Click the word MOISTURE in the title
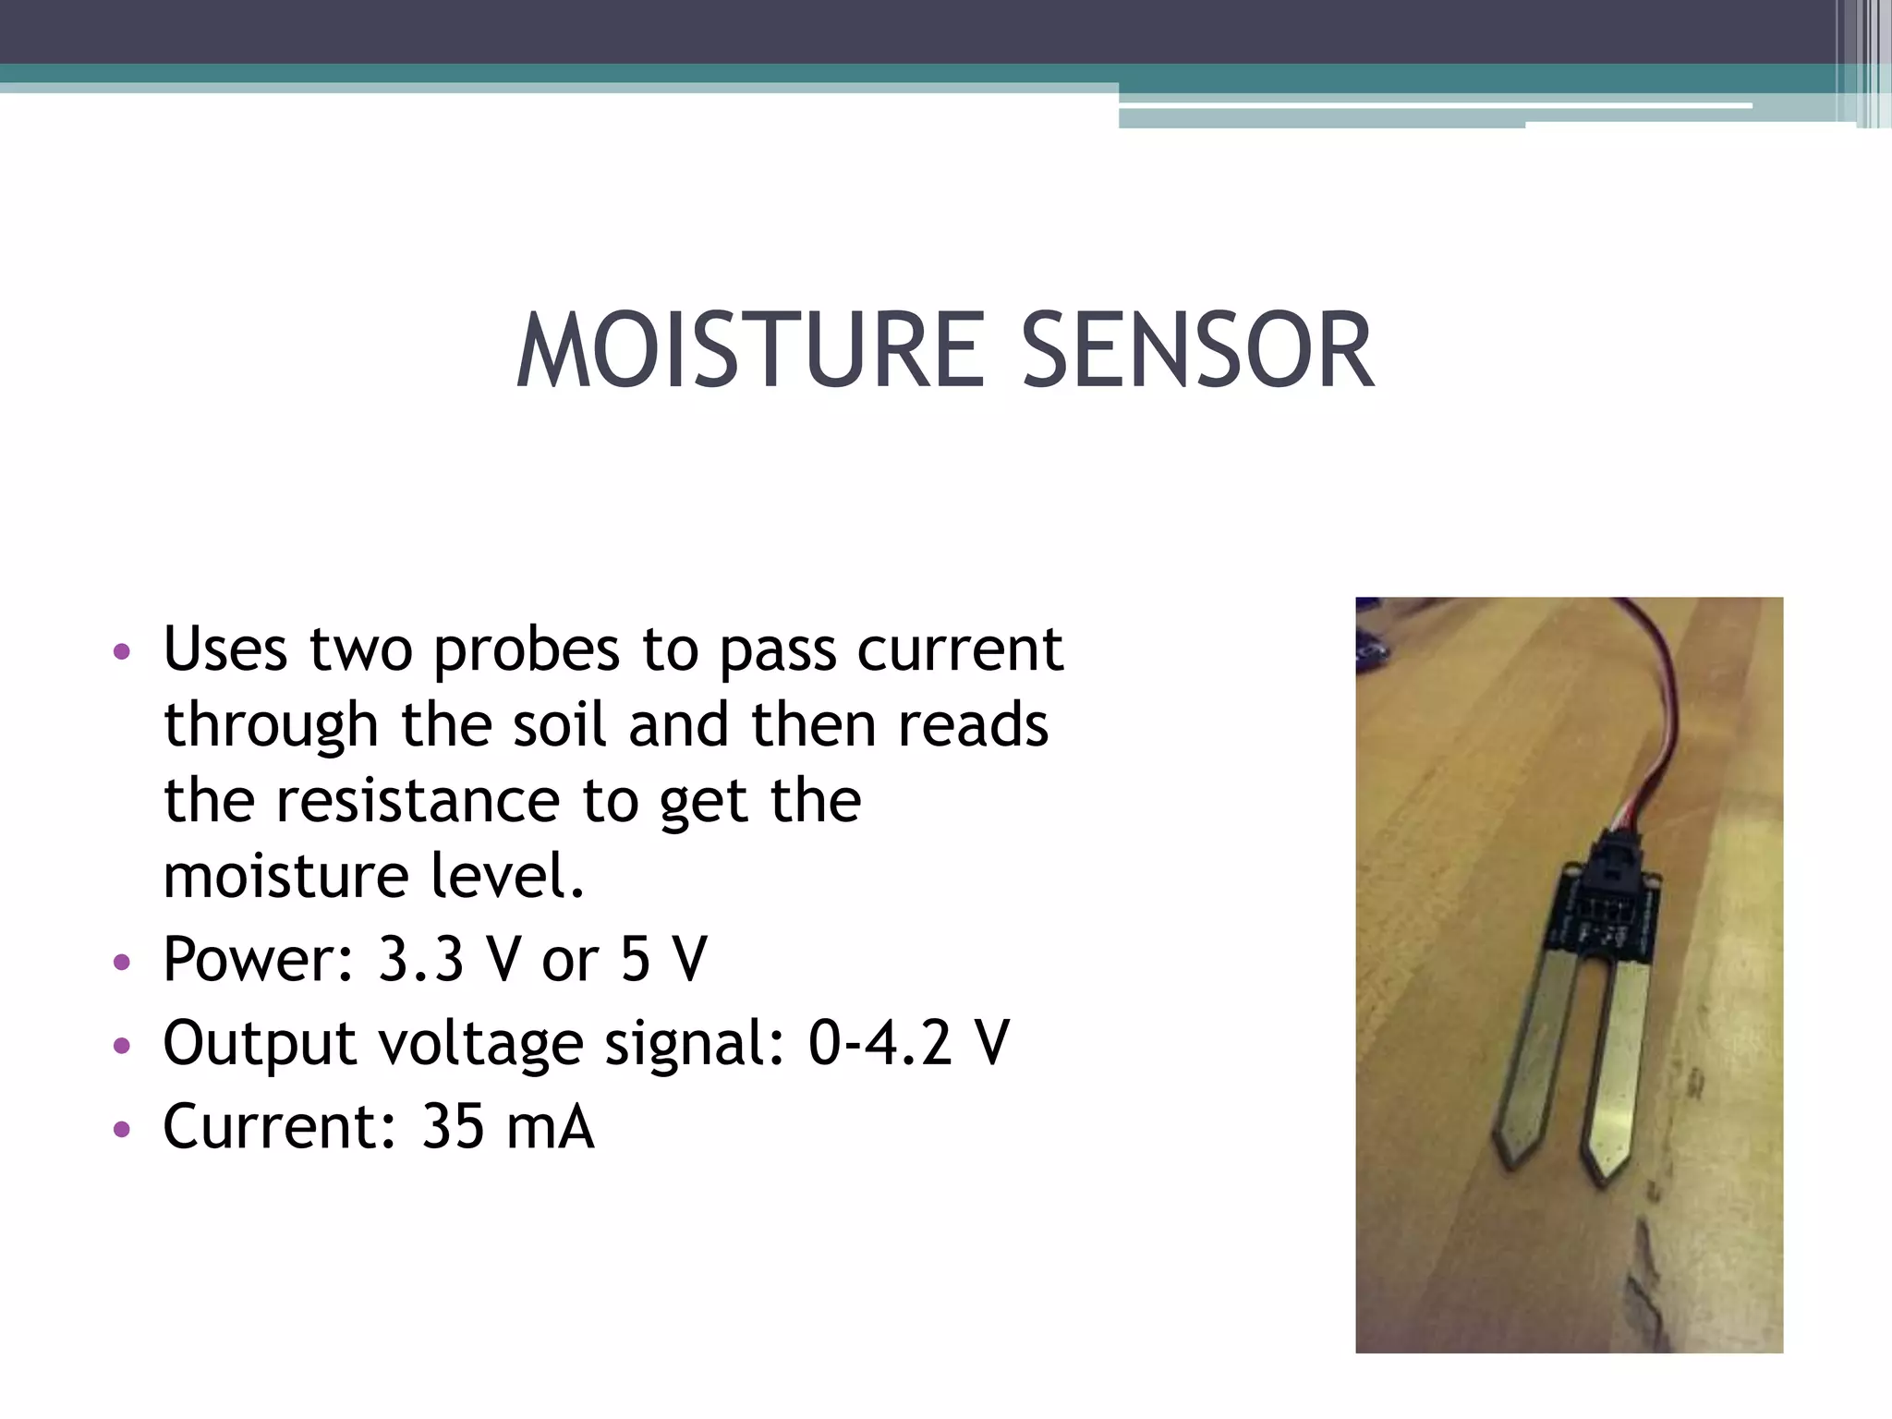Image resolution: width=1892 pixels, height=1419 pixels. coord(750,351)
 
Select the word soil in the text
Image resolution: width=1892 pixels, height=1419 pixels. coord(560,725)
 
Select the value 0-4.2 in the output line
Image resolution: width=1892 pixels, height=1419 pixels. coord(879,1043)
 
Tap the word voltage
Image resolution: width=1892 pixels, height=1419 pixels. coord(480,1044)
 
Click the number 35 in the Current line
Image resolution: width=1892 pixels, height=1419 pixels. coord(453,1127)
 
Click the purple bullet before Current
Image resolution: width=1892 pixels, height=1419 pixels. coord(122,1129)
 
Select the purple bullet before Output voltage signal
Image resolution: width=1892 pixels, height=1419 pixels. coord(122,1047)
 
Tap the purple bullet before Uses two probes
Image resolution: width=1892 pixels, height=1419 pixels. coord(122,652)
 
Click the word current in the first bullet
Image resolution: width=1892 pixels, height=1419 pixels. coord(960,650)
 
